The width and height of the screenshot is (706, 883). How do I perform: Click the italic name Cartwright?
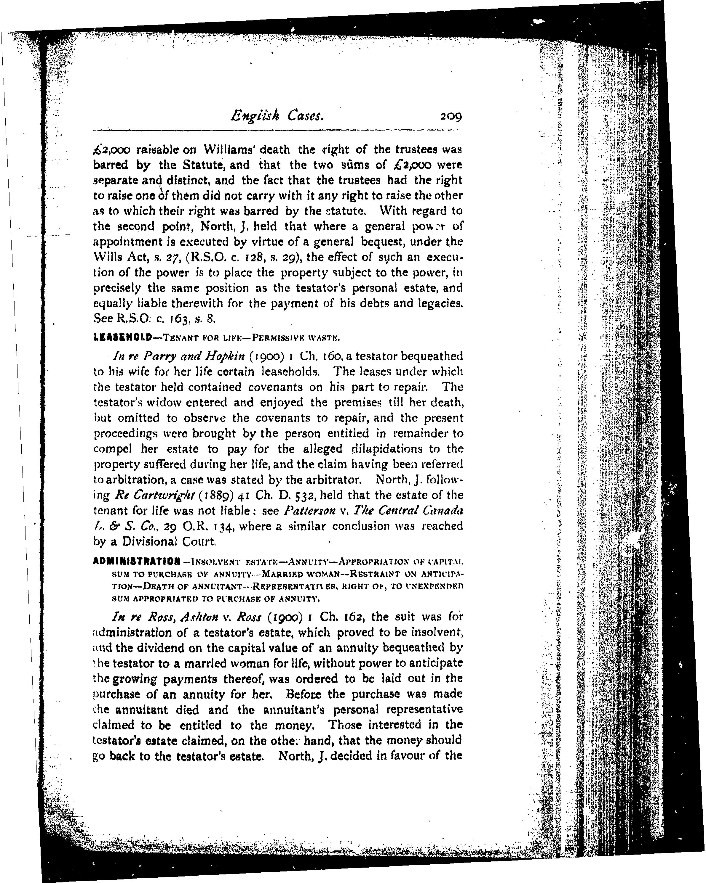[x=153, y=496]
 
